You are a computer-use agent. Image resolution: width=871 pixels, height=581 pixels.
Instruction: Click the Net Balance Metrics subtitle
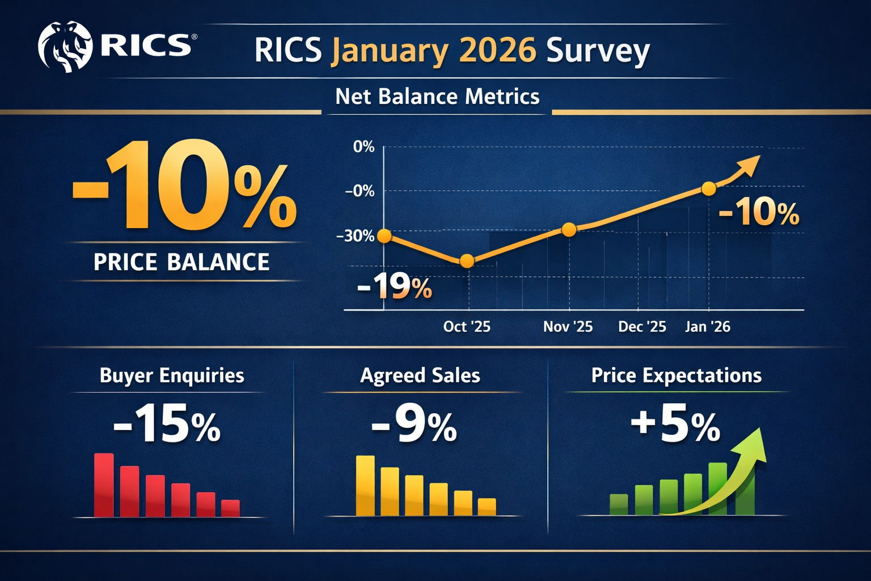coord(437,96)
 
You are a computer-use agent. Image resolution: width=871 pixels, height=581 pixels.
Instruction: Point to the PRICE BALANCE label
coord(181,262)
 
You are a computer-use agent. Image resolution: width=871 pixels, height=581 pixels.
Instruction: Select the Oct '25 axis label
coord(466,327)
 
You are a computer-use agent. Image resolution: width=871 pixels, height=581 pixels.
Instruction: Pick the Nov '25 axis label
coord(568,327)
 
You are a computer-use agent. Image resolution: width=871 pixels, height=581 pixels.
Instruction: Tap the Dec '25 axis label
coord(642,327)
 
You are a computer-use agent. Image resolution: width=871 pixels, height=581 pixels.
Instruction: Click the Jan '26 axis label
coord(707,327)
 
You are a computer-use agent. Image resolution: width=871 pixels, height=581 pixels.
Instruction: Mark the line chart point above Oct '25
coord(467,261)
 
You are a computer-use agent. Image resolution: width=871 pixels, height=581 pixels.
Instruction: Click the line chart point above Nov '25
coord(569,229)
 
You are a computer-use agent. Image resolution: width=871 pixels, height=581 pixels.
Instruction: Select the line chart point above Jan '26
coord(708,189)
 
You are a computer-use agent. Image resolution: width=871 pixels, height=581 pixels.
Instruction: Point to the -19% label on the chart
coord(395,287)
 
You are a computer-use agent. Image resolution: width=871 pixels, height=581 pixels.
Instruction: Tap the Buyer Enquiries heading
coord(172,376)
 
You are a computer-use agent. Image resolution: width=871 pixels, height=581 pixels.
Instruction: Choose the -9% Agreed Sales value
coord(414,426)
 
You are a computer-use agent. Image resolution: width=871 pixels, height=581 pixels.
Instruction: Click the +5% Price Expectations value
coord(675,426)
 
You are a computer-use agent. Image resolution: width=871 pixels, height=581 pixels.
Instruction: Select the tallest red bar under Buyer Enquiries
coord(104,485)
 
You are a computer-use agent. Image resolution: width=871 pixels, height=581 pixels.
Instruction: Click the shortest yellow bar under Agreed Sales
coord(487,507)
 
